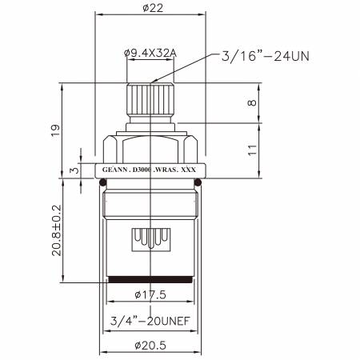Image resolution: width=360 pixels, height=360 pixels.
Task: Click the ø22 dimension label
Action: (150, 7)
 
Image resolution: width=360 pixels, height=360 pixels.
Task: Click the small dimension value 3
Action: (74, 170)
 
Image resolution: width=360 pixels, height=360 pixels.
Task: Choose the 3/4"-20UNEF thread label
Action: (150, 322)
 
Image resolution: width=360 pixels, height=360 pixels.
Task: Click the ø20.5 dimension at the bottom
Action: (150, 346)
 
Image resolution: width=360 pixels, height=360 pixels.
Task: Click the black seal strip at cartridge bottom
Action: (150, 280)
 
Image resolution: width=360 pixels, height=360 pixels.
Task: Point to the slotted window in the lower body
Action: (150, 238)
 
